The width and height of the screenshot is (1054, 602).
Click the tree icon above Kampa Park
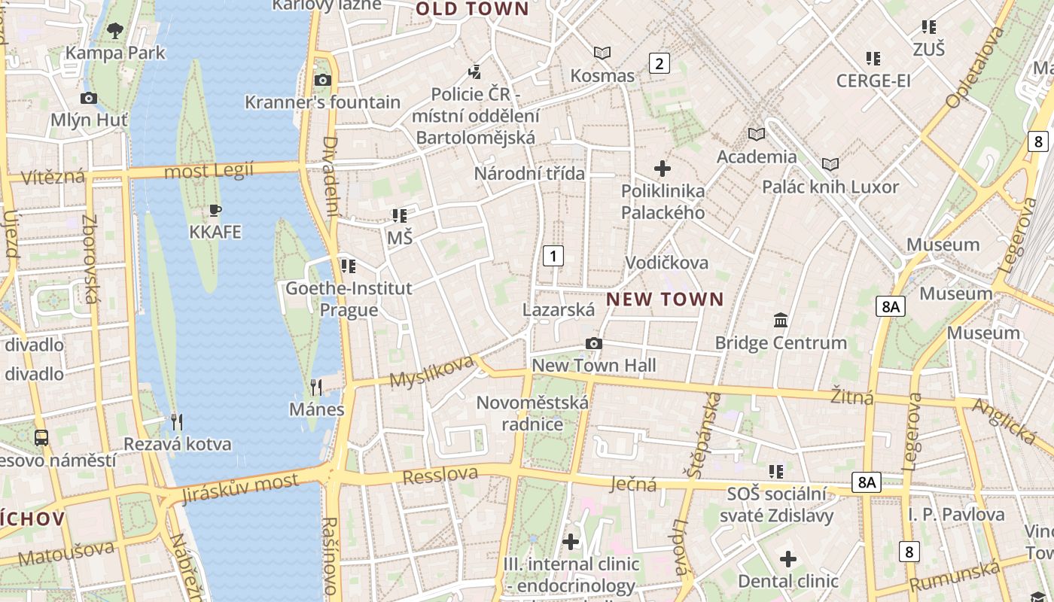115,31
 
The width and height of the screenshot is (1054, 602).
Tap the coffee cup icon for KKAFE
215,210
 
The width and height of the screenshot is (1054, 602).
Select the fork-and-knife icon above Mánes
316,388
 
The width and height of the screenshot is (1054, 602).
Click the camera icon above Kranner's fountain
323,80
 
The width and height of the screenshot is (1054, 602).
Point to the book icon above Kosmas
602,53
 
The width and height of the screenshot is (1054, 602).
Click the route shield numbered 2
660,63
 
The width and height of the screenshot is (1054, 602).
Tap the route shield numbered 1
553,256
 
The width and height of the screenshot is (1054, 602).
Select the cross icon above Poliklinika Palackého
663,169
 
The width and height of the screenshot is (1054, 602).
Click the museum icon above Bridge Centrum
781,321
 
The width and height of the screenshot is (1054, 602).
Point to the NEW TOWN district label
665,299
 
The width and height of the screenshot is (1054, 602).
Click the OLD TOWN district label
473,9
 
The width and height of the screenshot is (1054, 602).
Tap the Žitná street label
852,396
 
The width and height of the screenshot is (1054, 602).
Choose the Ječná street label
634,484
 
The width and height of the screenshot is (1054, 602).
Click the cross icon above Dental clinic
788,559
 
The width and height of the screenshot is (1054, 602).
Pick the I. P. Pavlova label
956,515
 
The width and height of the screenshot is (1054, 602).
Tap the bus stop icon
41,437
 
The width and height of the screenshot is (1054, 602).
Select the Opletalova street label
976,68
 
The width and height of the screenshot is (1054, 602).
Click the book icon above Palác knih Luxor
830,164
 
